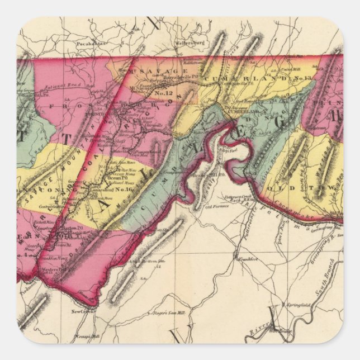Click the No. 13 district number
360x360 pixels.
pos(305,79)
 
